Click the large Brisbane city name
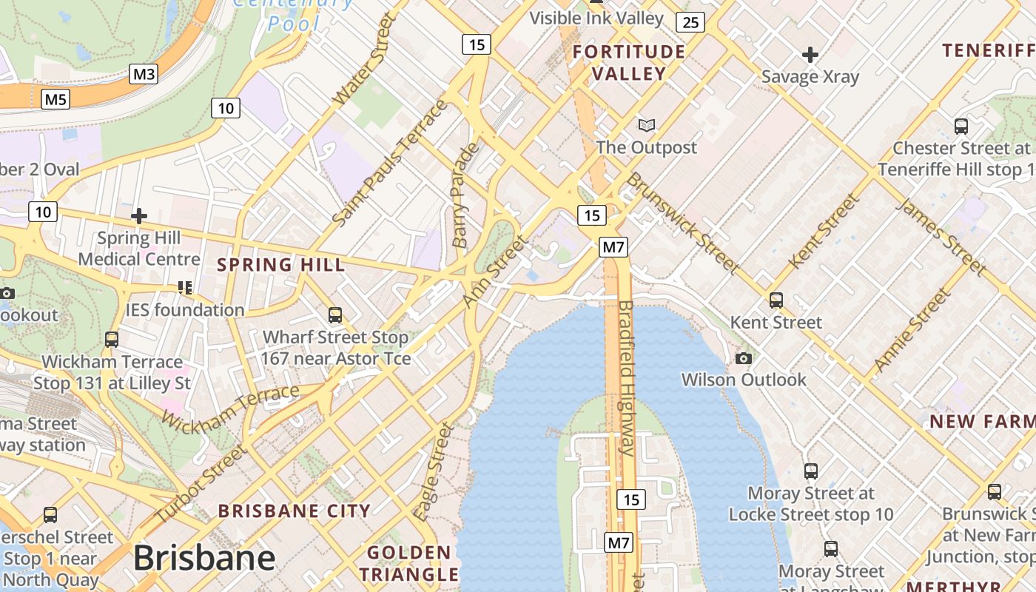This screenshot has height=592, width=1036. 204,558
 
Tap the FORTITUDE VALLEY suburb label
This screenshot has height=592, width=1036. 629,63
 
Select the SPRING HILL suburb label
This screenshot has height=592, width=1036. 280,265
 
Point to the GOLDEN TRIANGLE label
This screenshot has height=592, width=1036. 409,563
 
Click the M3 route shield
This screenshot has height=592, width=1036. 144,74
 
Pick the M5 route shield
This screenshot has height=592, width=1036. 55,99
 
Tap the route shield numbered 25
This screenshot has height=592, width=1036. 690,22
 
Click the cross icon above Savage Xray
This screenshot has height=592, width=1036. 810,55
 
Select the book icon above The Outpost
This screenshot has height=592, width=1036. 647,126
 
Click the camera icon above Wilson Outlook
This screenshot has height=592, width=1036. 744,359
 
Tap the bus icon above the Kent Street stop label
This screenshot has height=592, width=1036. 776,300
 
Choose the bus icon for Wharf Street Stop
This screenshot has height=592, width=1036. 335,315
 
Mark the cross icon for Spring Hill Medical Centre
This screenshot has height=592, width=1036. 138,216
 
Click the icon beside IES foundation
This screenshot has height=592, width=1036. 184,287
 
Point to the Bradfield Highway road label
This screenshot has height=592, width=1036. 626,377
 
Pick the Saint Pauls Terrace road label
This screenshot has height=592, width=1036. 390,163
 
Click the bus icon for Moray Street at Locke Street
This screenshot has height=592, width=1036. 811,471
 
